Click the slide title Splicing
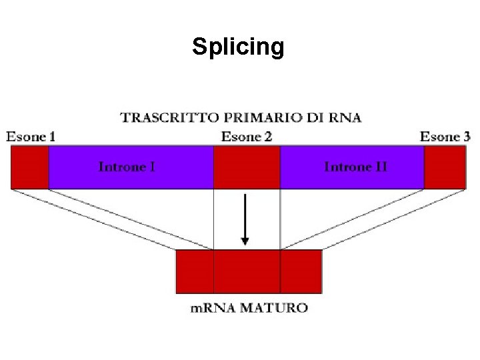pyautogui.click(x=238, y=47)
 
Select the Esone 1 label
pyautogui.click(x=31, y=137)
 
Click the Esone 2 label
pyautogui.click(x=247, y=137)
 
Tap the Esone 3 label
pyautogui.click(x=445, y=137)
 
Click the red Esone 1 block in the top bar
pyautogui.click(x=29, y=167)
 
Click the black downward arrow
pyautogui.click(x=245, y=220)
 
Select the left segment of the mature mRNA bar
pyautogui.click(x=195, y=271)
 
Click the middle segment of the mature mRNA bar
pyautogui.click(x=247, y=271)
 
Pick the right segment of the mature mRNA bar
pyautogui.click(x=301, y=271)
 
